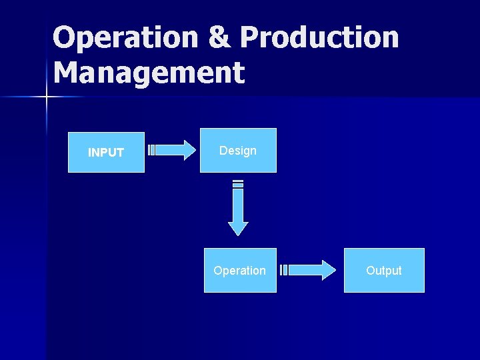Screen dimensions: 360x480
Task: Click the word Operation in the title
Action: coord(125,38)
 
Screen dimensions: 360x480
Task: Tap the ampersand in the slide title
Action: coord(219,38)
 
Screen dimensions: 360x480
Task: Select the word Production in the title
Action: coord(319,38)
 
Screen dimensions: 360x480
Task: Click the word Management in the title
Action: coord(149,73)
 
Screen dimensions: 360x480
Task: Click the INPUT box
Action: coord(106,151)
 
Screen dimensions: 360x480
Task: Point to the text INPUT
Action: coord(106,153)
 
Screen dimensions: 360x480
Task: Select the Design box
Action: coord(238,150)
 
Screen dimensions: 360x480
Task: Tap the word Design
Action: coord(238,151)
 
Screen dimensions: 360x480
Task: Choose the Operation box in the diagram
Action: coord(240,270)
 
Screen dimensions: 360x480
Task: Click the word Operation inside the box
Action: coord(239,271)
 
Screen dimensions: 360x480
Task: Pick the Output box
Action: coord(384,270)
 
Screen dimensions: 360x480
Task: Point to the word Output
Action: coord(384,271)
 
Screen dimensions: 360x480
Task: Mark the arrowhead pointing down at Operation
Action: coord(238,227)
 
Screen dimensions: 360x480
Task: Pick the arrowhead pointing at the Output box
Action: coord(327,270)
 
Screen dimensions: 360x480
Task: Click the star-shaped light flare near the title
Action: coord(47,97)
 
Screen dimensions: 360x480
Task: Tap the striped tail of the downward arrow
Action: coord(238,184)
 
